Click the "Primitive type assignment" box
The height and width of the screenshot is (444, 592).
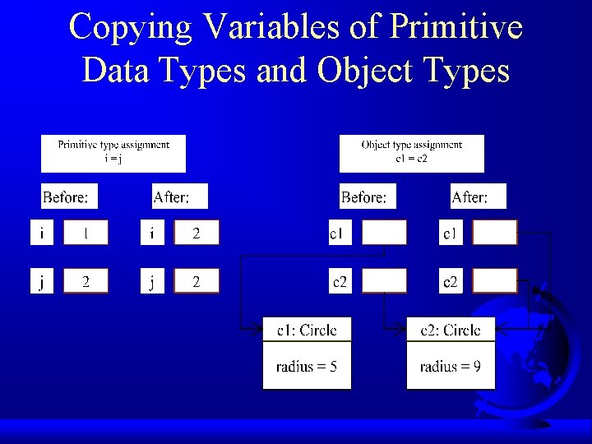coord(113,153)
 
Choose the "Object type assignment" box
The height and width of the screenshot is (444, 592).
coord(411,153)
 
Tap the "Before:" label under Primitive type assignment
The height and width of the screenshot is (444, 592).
coord(70,197)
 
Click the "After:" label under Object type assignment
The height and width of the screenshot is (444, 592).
coord(479,197)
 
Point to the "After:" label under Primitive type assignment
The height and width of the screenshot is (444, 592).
coord(180,197)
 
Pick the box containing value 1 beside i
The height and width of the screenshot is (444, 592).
coord(86,234)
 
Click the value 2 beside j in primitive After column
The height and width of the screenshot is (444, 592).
coord(197,282)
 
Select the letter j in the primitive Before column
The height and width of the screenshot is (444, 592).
coord(42,282)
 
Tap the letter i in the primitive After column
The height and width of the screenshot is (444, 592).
coord(151,234)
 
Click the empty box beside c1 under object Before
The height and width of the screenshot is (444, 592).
coord(384,234)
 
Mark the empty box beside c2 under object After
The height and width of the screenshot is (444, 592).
coord(495,282)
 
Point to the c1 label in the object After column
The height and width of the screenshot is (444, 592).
coord(450,234)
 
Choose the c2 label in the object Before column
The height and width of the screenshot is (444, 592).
coord(339,282)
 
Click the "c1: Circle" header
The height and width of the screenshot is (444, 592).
coord(307,331)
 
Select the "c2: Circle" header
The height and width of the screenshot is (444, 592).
coord(451,331)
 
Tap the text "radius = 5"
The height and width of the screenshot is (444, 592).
coord(307,367)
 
